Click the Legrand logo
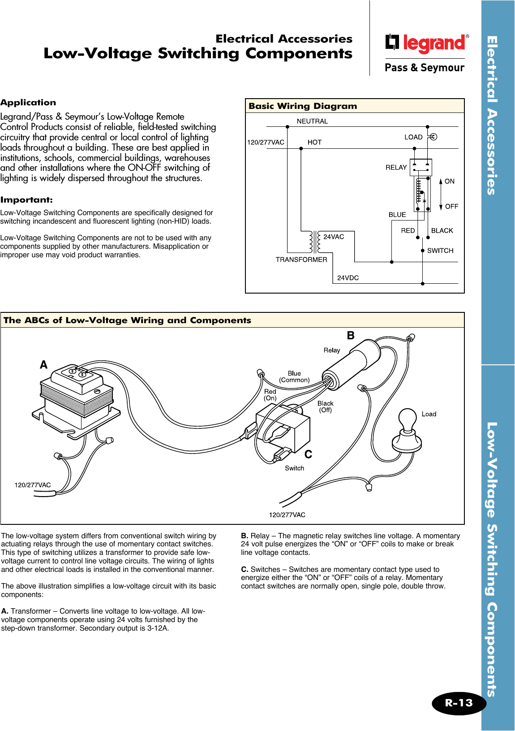tap(427, 43)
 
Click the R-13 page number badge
tap(459, 703)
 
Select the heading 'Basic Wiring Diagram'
tap(303, 106)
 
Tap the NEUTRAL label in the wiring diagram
tap(312, 121)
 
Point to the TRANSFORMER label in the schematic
tap(301, 260)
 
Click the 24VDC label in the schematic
tap(348, 278)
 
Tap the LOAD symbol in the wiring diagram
tap(433, 137)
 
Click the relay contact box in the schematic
tap(421, 167)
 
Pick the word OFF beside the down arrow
tap(451, 207)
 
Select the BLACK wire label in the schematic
tap(442, 230)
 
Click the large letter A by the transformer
tap(43, 365)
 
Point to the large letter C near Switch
tap(308, 454)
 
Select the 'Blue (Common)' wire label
tap(294, 376)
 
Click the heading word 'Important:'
tap(26, 200)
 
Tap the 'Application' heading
tap(28, 103)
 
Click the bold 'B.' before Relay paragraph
tap(245, 536)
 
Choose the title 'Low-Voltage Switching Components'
tap(198, 53)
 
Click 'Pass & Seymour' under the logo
tap(424, 68)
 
